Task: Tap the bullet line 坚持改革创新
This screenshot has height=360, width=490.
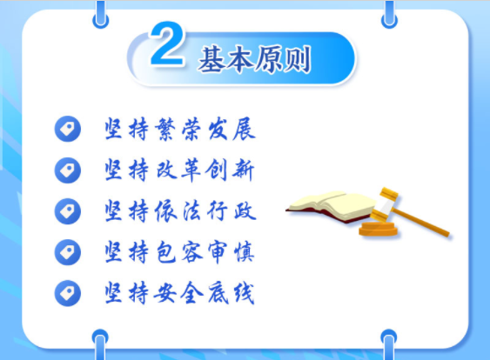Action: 179,170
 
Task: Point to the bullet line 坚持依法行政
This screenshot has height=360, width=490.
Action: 179,210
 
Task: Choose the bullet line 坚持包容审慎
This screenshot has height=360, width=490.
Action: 179,252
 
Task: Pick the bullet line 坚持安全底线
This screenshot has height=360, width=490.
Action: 179,292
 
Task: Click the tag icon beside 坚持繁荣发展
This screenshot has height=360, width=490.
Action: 66,130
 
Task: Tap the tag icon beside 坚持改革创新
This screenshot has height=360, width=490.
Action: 66,170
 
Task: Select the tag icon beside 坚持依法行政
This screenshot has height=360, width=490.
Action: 66,211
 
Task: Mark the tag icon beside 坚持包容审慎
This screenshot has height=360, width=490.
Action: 66,252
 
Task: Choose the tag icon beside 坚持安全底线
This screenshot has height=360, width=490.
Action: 66,292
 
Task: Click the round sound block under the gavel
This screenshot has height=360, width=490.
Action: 376,229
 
